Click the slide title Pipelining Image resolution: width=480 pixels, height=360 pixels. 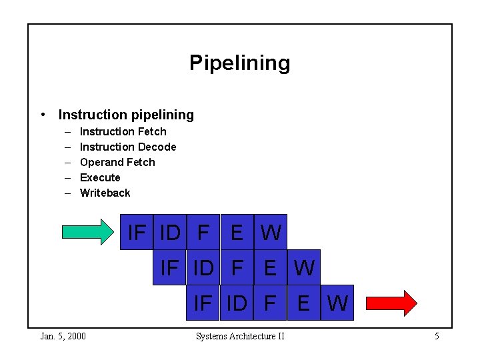click(239, 63)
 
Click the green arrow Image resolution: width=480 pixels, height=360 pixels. click(88, 232)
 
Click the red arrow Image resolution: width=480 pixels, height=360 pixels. click(391, 303)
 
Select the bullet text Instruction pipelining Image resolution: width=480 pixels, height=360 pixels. click(126, 115)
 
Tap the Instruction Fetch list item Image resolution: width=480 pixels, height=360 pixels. click(123, 131)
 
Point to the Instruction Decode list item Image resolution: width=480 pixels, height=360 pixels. click(128, 147)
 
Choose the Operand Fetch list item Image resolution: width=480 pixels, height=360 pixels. click(117, 162)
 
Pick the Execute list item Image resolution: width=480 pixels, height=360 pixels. click(100, 177)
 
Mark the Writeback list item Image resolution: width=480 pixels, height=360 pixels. click(105, 193)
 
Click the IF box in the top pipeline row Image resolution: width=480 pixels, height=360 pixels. click(137, 232)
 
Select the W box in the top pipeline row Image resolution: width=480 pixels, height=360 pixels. click(271, 232)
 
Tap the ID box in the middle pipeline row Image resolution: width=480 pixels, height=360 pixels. click(203, 267)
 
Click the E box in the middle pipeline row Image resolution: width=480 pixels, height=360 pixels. click(270, 267)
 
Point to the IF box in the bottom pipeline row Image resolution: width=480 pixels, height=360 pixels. click(202, 303)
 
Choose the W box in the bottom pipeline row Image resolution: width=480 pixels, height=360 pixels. click(337, 303)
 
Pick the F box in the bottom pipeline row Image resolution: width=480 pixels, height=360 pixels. click(270, 303)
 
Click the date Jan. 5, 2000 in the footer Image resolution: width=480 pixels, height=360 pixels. click(63, 336)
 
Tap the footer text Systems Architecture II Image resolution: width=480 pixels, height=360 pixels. click(240, 336)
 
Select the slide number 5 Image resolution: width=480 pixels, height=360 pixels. click(437, 336)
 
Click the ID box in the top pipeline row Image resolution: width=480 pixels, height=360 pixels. click(170, 232)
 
